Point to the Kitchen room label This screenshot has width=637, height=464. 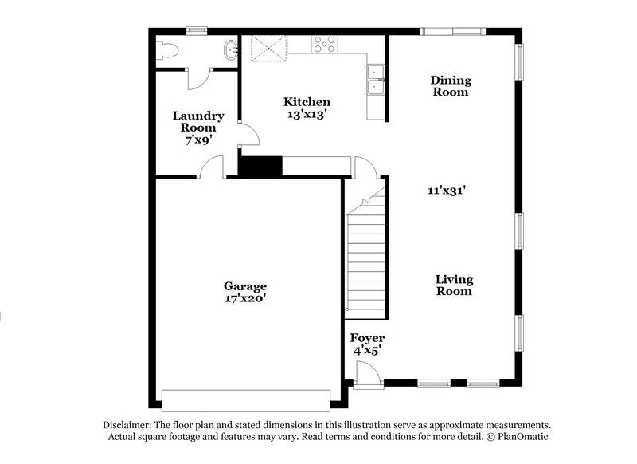[307, 102]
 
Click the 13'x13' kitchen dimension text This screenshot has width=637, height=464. [307, 114]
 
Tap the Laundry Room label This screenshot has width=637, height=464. [198, 121]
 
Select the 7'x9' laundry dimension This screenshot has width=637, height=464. [198, 139]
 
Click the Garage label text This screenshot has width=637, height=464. [244, 286]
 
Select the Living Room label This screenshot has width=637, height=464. [454, 285]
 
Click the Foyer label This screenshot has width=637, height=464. [368, 338]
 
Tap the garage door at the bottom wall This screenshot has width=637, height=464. [245, 399]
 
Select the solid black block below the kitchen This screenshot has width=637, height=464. [261, 166]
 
